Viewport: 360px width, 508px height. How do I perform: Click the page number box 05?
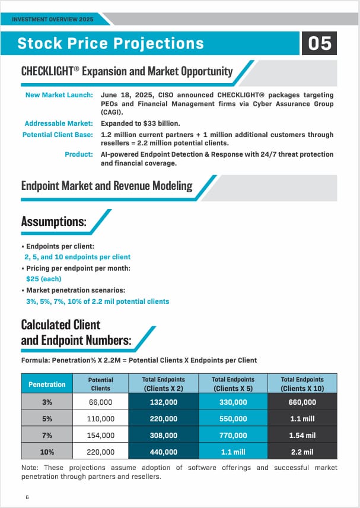(x=320, y=43)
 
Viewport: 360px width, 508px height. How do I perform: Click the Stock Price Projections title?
(x=111, y=43)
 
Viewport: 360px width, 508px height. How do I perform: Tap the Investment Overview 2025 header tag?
(x=53, y=20)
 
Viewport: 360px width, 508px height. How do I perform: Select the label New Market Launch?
(x=59, y=95)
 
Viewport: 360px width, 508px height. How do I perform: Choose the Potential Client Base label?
(x=58, y=135)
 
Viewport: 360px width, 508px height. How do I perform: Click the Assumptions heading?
(x=54, y=223)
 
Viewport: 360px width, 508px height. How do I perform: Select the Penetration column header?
(x=47, y=384)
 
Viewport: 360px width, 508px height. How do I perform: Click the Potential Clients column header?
(x=100, y=384)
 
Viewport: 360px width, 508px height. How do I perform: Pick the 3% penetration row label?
(x=47, y=402)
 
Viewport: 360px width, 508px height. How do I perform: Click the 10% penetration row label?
(x=47, y=452)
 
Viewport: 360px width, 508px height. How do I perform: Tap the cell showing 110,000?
(x=100, y=418)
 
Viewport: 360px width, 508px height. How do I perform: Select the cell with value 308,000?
(x=164, y=435)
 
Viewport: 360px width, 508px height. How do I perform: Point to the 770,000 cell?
(x=233, y=435)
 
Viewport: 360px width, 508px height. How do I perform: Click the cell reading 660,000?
(x=302, y=402)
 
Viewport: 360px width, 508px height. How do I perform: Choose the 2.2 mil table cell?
(x=302, y=452)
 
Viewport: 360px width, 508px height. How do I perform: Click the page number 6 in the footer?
(x=27, y=497)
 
